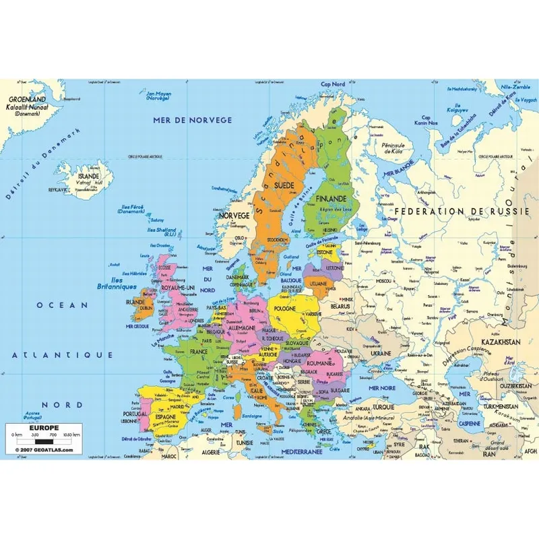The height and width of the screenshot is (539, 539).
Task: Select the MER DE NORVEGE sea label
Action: [193, 120]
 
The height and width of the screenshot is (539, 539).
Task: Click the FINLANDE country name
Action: [328, 199]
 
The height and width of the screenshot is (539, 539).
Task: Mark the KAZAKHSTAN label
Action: [499, 343]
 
